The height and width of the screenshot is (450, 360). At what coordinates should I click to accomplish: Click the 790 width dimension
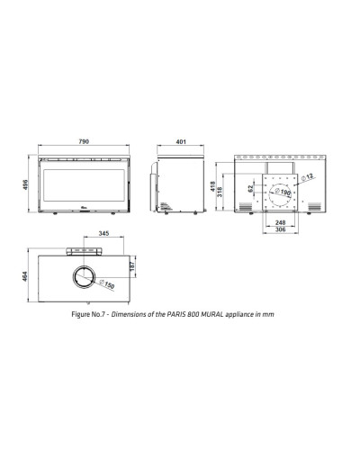(x=84, y=141)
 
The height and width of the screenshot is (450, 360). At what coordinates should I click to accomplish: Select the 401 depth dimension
(x=181, y=141)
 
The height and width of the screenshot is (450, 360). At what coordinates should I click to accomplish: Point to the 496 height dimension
(x=25, y=184)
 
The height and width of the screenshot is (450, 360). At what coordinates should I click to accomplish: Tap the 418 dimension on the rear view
(x=212, y=186)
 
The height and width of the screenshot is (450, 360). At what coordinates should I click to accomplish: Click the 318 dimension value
(x=220, y=192)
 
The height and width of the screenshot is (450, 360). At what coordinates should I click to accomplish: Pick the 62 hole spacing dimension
(x=250, y=189)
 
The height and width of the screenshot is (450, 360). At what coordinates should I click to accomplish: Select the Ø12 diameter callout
(x=307, y=176)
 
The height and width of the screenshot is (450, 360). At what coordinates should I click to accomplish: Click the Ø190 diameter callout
(x=283, y=192)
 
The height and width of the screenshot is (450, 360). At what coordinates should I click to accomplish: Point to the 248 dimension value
(x=280, y=222)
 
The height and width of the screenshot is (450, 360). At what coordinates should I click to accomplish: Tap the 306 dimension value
(x=280, y=229)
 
